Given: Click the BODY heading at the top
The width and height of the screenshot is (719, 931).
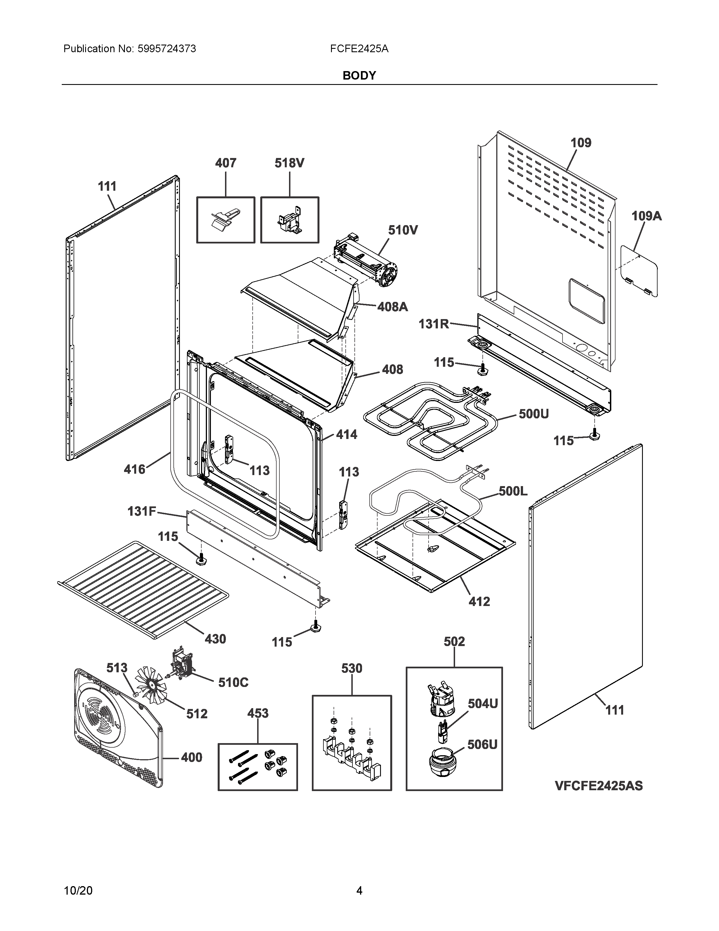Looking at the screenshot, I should coord(359,75).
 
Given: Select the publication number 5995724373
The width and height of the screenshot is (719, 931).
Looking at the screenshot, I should coord(167,49).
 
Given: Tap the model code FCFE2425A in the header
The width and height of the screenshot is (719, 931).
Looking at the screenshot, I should coord(359,49).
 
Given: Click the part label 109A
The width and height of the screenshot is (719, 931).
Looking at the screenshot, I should coord(646,216).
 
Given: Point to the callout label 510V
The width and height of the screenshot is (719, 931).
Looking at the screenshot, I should coord(403,230).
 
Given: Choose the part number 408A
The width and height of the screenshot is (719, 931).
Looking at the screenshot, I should coord(392,306).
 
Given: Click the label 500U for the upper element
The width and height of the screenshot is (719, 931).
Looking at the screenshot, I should coord(533,414).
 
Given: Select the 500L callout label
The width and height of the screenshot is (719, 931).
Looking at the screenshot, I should coord(513,491).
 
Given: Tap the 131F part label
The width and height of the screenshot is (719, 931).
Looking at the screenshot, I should coord(142,511).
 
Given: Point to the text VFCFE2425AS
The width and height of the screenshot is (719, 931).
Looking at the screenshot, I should coord(598,786).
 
